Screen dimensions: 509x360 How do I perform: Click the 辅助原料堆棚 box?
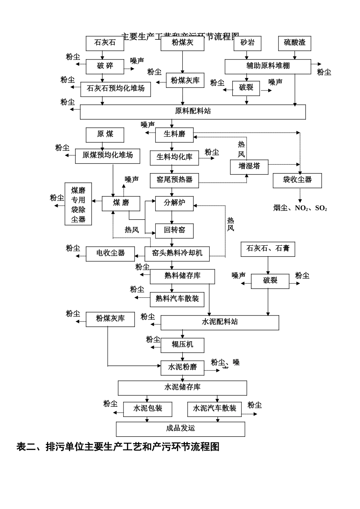click(268, 66)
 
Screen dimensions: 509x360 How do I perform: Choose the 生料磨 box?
click(174, 134)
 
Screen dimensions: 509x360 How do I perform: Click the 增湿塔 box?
click(249, 167)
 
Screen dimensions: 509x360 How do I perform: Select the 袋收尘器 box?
click(297, 180)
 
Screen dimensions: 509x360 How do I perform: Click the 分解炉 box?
click(174, 203)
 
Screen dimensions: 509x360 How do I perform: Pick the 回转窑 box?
click(174, 230)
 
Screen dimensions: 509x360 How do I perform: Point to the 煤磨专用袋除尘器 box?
click(78, 204)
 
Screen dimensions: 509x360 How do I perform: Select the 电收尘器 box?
click(110, 253)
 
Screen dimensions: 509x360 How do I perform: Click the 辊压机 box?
click(182, 345)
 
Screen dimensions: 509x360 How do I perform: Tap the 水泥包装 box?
click(147, 409)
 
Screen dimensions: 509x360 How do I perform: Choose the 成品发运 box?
click(180, 429)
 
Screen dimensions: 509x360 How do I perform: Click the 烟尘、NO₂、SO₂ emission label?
click(300, 208)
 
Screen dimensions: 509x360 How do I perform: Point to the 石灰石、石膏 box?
click(268, 249)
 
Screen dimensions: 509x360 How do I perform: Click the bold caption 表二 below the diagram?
click(118, 447)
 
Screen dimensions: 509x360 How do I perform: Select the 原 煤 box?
click(105, 134)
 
